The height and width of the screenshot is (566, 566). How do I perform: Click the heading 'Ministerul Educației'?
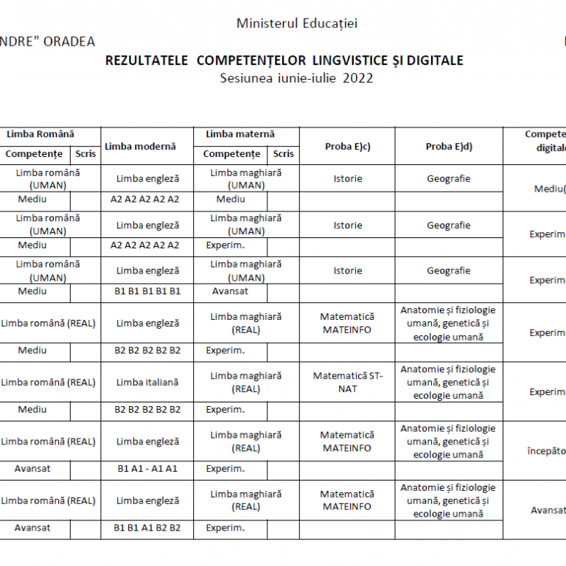297,24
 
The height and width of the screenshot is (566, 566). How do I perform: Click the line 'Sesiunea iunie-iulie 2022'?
296,78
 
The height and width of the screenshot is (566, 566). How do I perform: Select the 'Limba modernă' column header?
140,146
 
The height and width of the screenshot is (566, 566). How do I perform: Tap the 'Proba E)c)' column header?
347,147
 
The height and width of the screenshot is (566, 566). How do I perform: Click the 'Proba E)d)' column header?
449,147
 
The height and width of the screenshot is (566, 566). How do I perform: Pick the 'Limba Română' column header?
41,134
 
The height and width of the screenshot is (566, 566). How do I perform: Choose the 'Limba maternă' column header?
240,134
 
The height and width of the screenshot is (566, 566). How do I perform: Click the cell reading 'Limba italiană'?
147,382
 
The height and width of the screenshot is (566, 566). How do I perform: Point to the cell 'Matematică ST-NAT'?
347,382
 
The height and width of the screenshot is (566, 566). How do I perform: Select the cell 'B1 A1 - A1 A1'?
147,469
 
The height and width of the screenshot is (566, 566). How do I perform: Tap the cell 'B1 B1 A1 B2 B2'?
147,528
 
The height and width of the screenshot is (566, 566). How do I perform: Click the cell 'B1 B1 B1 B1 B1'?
147,291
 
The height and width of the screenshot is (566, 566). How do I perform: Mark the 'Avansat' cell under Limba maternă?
230,291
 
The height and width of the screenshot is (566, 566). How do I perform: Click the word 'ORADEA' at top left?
69,41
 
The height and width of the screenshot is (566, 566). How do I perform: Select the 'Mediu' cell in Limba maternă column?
231,199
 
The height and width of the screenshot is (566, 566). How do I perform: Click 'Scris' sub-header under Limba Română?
85,154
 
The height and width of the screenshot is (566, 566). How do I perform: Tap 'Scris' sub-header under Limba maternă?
283,154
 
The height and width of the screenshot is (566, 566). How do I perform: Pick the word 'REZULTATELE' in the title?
147,60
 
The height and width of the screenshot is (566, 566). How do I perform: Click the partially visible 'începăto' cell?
545,450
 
